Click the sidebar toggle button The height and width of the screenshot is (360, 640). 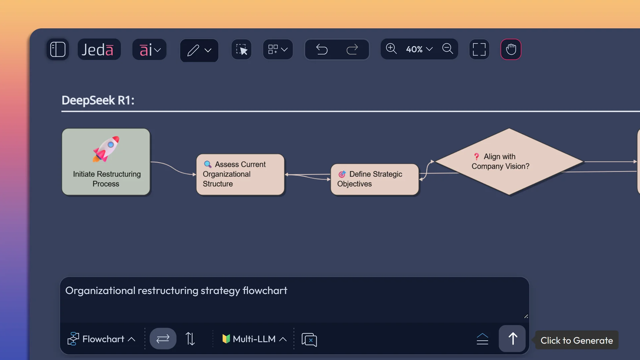pyautogui.click(x=58, y=50)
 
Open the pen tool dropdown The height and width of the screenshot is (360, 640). pyautogui.click(x=199, y=50)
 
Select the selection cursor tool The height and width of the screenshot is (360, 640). pyautogui.click(x=241, y=50)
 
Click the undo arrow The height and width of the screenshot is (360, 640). pyautogui.click(x=322, y=50)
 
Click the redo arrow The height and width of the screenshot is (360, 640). pyautogui.click(x=352, y=50)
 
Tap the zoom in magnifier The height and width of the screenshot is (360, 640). pyautogui.click(x=391, y=49)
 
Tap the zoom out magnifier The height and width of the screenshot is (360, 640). pyautogui.click(x=447, y=49)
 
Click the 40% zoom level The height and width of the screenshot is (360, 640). pyautogui.click(x=419, y=49)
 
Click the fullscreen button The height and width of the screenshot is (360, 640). pyautogui.click(x=479, y=50)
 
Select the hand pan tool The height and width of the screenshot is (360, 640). pyautogui.click(x=511, y=50)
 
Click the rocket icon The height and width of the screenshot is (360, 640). pyautogui.click(x=106, y=149)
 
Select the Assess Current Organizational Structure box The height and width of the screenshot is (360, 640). pyautogui.click(x=240, y=174)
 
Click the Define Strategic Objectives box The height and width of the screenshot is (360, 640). pyautogui.click(x=374, y=179)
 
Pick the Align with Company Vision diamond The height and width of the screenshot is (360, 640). pyautogui.click(x=509, y=162)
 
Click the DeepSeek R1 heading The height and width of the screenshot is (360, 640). pyautogui.click(x=98, y=100)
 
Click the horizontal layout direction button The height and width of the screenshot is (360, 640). pyautogui.click(x=163, y=339)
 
